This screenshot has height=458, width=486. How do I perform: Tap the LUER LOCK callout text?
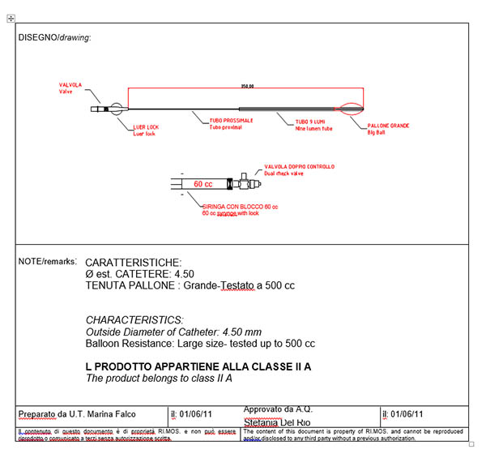pyautogui.click(x=147, y=126)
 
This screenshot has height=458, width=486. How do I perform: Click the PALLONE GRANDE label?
pyautogui.click(x=388, y=126)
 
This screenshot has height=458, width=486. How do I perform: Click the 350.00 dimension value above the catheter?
pyautogui.click(x=247, y=85)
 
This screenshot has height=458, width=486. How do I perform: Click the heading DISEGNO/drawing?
pyautogui.click(x=54, y=38)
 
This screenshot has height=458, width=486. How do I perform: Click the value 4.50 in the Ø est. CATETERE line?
pyautogui.click(x=181, y=274)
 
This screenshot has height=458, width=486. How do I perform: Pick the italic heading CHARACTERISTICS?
pyautogui.click(x=134, y=320)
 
